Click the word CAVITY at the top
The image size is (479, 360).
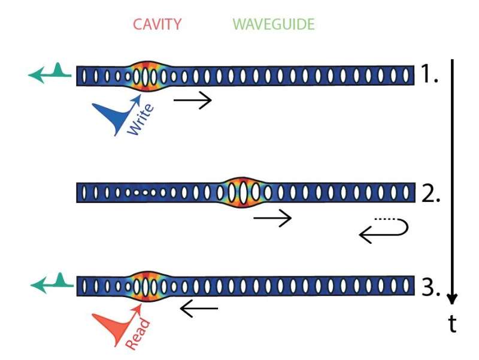[x=157, y=25]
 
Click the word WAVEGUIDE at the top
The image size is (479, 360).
[x=274, y=25]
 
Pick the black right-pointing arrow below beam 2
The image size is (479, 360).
[x=272, y=218]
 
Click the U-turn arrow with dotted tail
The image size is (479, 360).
[x=384, y=231]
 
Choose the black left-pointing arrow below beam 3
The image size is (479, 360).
[x=199, y=309]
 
